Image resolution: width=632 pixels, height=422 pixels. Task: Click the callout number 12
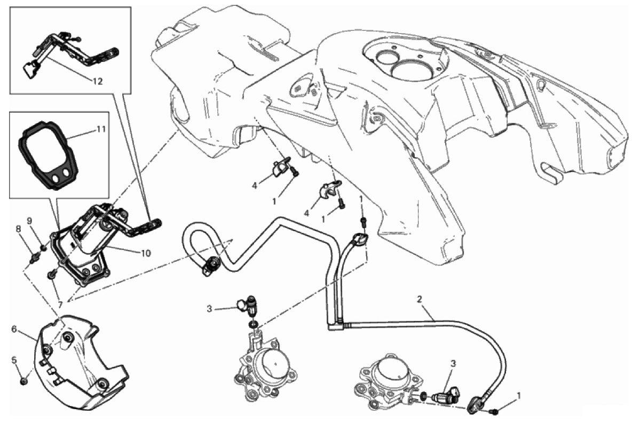click(x=98, y=81)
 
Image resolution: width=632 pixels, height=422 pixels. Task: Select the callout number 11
click(x=101, y=129)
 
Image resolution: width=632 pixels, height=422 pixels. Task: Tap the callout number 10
click(x=146, y=253)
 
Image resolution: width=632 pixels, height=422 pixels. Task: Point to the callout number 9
click(x=29, y=221)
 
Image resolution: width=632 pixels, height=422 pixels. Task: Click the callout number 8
click(x=18, y=229)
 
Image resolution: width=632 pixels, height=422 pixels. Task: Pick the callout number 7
click(x=60, y=304)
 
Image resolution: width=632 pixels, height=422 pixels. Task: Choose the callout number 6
click(x=14, y=329)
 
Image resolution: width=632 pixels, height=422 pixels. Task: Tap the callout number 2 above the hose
click(x=420, y=299)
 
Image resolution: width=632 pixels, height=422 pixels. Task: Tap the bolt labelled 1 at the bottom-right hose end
click(x=494, y=411)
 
